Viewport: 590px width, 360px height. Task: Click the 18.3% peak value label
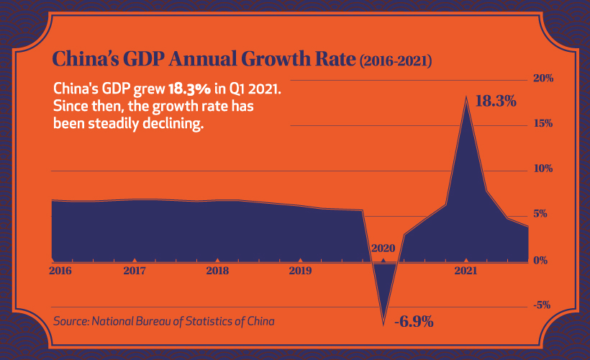pyautogui.click(x=496, y=102)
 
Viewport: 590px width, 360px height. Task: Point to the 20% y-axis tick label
pyautogui.click(x=543, y=78)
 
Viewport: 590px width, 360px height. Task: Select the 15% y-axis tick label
pyautogui.click(x=543, y=123)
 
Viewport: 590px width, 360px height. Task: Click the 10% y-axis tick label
pyautogui.click(x=543, y=168)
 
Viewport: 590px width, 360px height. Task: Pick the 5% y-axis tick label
pyautogui.click(x=545, y=214)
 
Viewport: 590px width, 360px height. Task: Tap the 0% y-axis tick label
pyautogui.click(x=545, y=260)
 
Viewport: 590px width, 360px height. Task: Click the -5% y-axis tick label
pyautogui.click(x=543, y=305)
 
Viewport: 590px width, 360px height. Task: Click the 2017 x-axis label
pyautogui.click(x=134, y=271)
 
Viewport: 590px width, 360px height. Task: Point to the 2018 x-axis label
pyautogui.click(x=217, y=271)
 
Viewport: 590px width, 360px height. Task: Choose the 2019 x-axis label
pyautogui.click(x=300, y=271)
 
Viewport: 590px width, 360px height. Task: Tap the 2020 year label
pyautogui.click(x=383, y=248)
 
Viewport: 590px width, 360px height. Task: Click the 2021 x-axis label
pyautogui.click(x=466, y=271)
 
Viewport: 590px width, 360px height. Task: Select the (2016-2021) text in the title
pyautogui.click(x=395, y=62)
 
